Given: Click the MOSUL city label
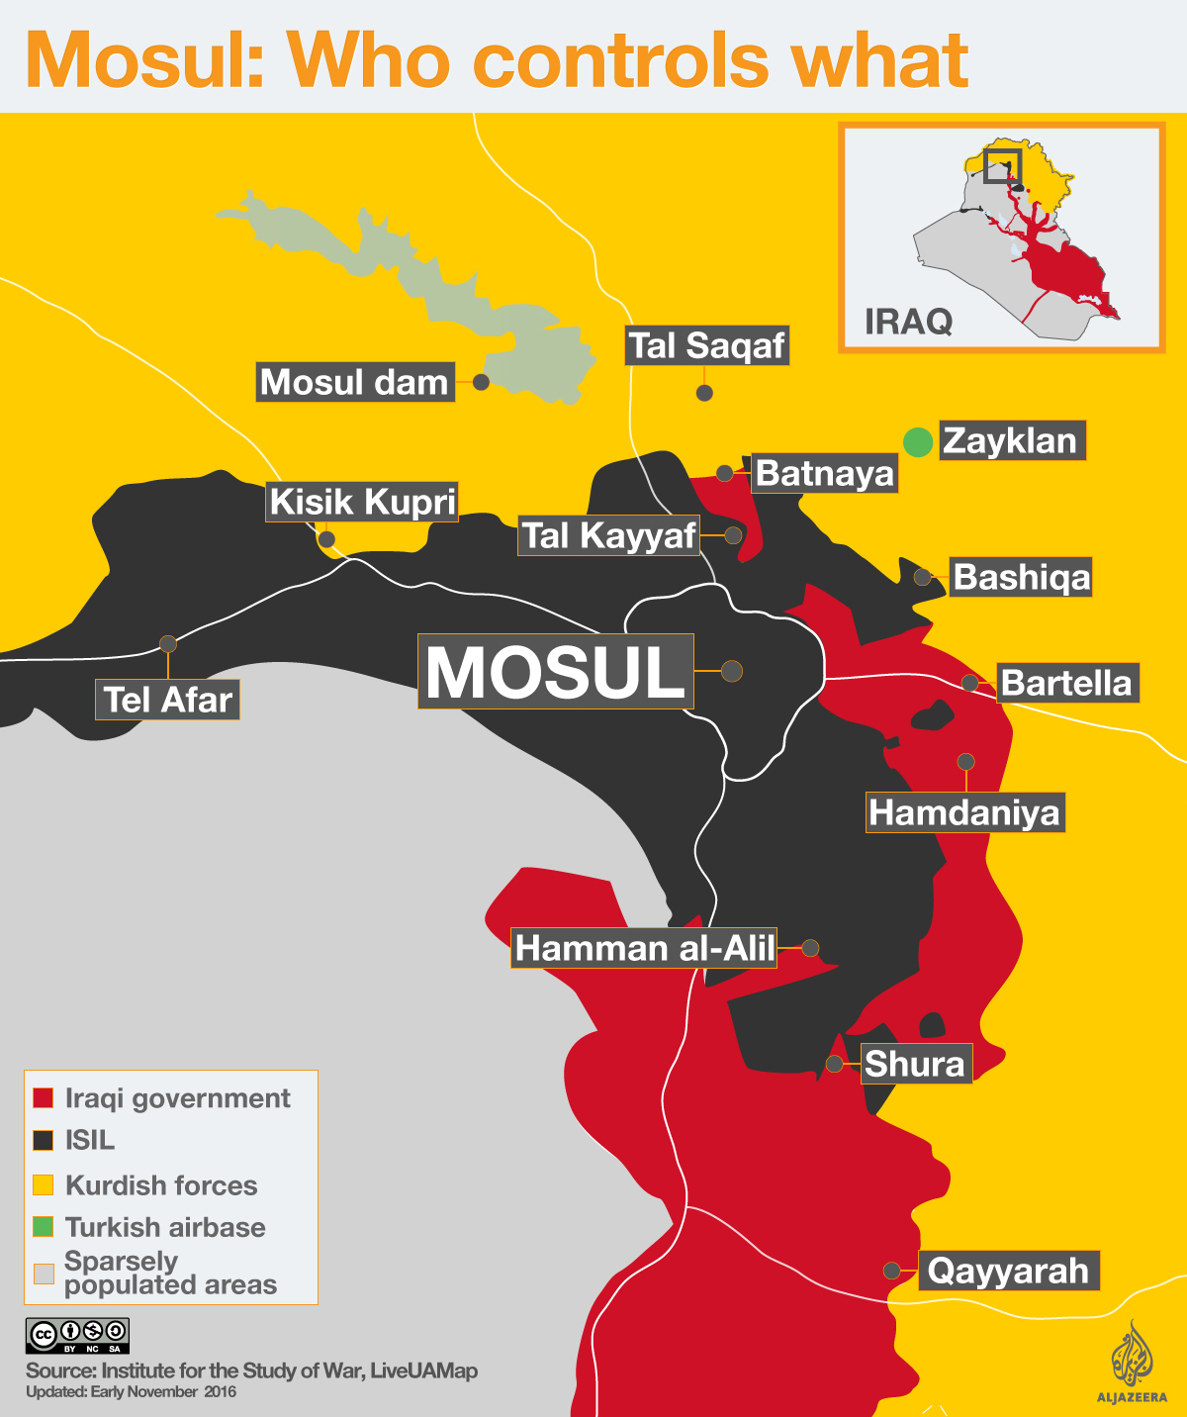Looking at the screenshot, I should click(555, 672).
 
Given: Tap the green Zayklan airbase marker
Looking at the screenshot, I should click(918, 441).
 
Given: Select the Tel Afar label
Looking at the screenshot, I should click(168, 700).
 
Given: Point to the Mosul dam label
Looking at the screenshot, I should click(355, 382).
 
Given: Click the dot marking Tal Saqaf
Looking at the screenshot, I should click(704, 393).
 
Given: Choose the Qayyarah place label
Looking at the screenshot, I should click(1008, 1271).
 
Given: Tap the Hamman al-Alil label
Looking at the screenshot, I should click(644, 948).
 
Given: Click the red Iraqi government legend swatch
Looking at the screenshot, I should click(44, 1098).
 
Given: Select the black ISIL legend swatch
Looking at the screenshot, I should click(44, 1140).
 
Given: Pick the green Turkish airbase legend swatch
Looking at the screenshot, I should click(44, 1227).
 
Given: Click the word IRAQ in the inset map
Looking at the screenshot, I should click(908, 322).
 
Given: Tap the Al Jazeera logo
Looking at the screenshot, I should click(1132, 1361).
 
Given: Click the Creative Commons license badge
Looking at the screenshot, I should click(77, 1336).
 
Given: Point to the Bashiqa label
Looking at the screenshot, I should click(1021, 577).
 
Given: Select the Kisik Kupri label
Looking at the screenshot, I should click(362, 502).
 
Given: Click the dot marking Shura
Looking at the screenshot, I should click(835, 1064).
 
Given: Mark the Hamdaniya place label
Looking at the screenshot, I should click(964, 812).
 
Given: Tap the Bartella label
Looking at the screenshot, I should click(1066, 683).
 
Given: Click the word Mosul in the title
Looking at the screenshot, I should click(144, 60).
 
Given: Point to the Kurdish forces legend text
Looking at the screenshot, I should click(161, 1185).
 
